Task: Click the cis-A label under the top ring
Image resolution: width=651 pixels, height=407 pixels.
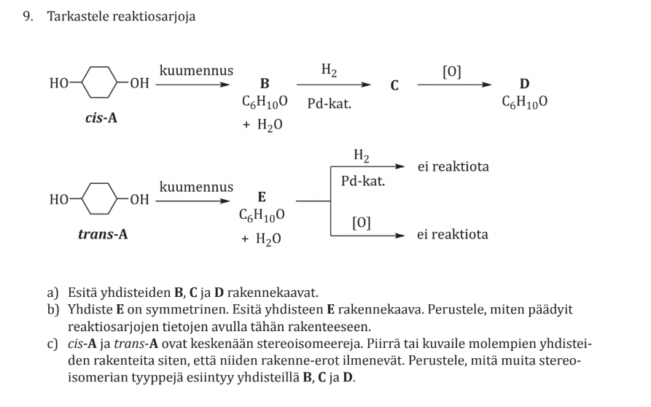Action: click(101, 117)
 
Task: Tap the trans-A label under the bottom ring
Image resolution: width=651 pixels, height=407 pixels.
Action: click(103, 234)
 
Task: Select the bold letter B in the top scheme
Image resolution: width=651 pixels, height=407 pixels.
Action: click(265, 85)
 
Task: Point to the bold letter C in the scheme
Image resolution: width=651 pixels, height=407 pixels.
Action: click(394, 85)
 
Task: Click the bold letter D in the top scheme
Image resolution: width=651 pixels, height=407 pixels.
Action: click(523, 85)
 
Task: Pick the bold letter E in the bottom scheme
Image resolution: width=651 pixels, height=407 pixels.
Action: click(262, 197)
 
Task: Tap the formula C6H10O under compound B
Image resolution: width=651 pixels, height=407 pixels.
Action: click(264, 103)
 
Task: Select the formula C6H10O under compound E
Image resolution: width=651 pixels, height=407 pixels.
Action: click(262, 216)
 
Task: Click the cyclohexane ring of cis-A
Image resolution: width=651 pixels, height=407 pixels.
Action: click(101, 83)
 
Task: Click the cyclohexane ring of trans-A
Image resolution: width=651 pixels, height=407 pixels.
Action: click(101, 198)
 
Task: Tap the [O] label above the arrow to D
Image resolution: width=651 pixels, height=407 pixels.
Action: click(451, 71)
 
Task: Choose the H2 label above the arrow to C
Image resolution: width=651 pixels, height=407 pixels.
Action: click(329, 70)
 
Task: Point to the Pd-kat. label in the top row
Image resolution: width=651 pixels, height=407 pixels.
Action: click(329, 104)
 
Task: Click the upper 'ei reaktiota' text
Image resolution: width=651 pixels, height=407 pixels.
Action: click(453, 167)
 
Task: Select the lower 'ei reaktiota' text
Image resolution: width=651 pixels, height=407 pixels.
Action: click(453, 235)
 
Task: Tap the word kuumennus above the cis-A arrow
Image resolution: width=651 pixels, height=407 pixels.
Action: click(196, 71)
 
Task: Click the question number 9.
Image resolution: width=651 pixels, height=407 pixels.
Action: click(28, 16)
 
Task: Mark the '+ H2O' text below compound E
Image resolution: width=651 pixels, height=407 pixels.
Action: click(262, 239)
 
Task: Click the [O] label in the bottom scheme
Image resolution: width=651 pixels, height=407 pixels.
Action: click(361, 222)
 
